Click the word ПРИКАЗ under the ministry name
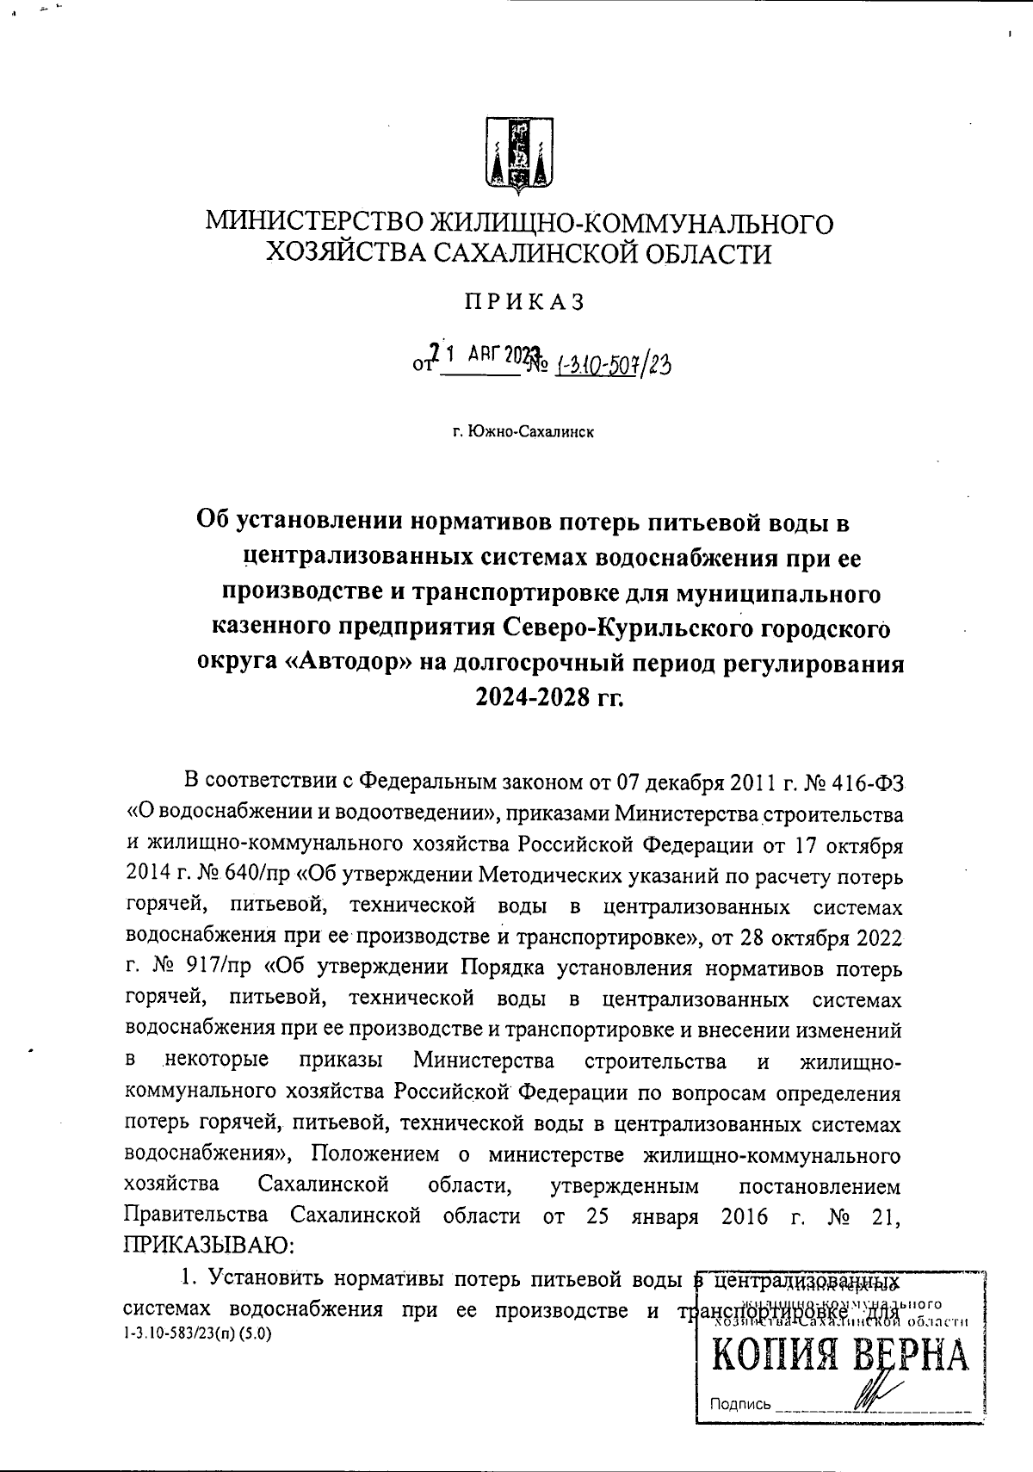524,302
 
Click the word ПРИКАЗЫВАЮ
211,1246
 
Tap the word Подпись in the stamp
739,1405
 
